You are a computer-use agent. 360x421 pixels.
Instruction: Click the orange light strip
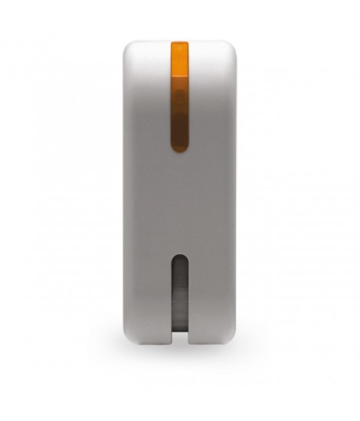click(179, 92)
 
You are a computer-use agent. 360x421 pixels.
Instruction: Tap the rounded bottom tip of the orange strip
click(179, 143)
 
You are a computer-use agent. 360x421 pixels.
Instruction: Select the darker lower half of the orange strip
click(179, 122)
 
